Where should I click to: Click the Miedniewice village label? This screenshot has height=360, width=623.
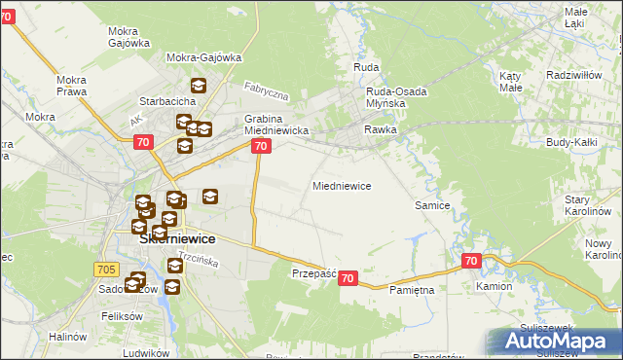click(x=341, y=185)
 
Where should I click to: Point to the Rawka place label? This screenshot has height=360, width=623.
click(x=380, y=128)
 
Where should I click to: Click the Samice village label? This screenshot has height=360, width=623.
click(x=431, y=205)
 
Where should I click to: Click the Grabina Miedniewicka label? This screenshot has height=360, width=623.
click(x=276, y=125)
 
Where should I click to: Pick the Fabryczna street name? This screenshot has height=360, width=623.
click(x=267, y=93)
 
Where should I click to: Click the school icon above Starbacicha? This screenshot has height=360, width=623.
click(x=199, y=85)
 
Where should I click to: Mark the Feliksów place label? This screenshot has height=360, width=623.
click(x=123, y=317)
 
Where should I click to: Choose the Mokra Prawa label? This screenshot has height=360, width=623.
click(x=73, y=87)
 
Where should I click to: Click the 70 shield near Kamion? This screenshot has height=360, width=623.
click(x=471, y=261)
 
